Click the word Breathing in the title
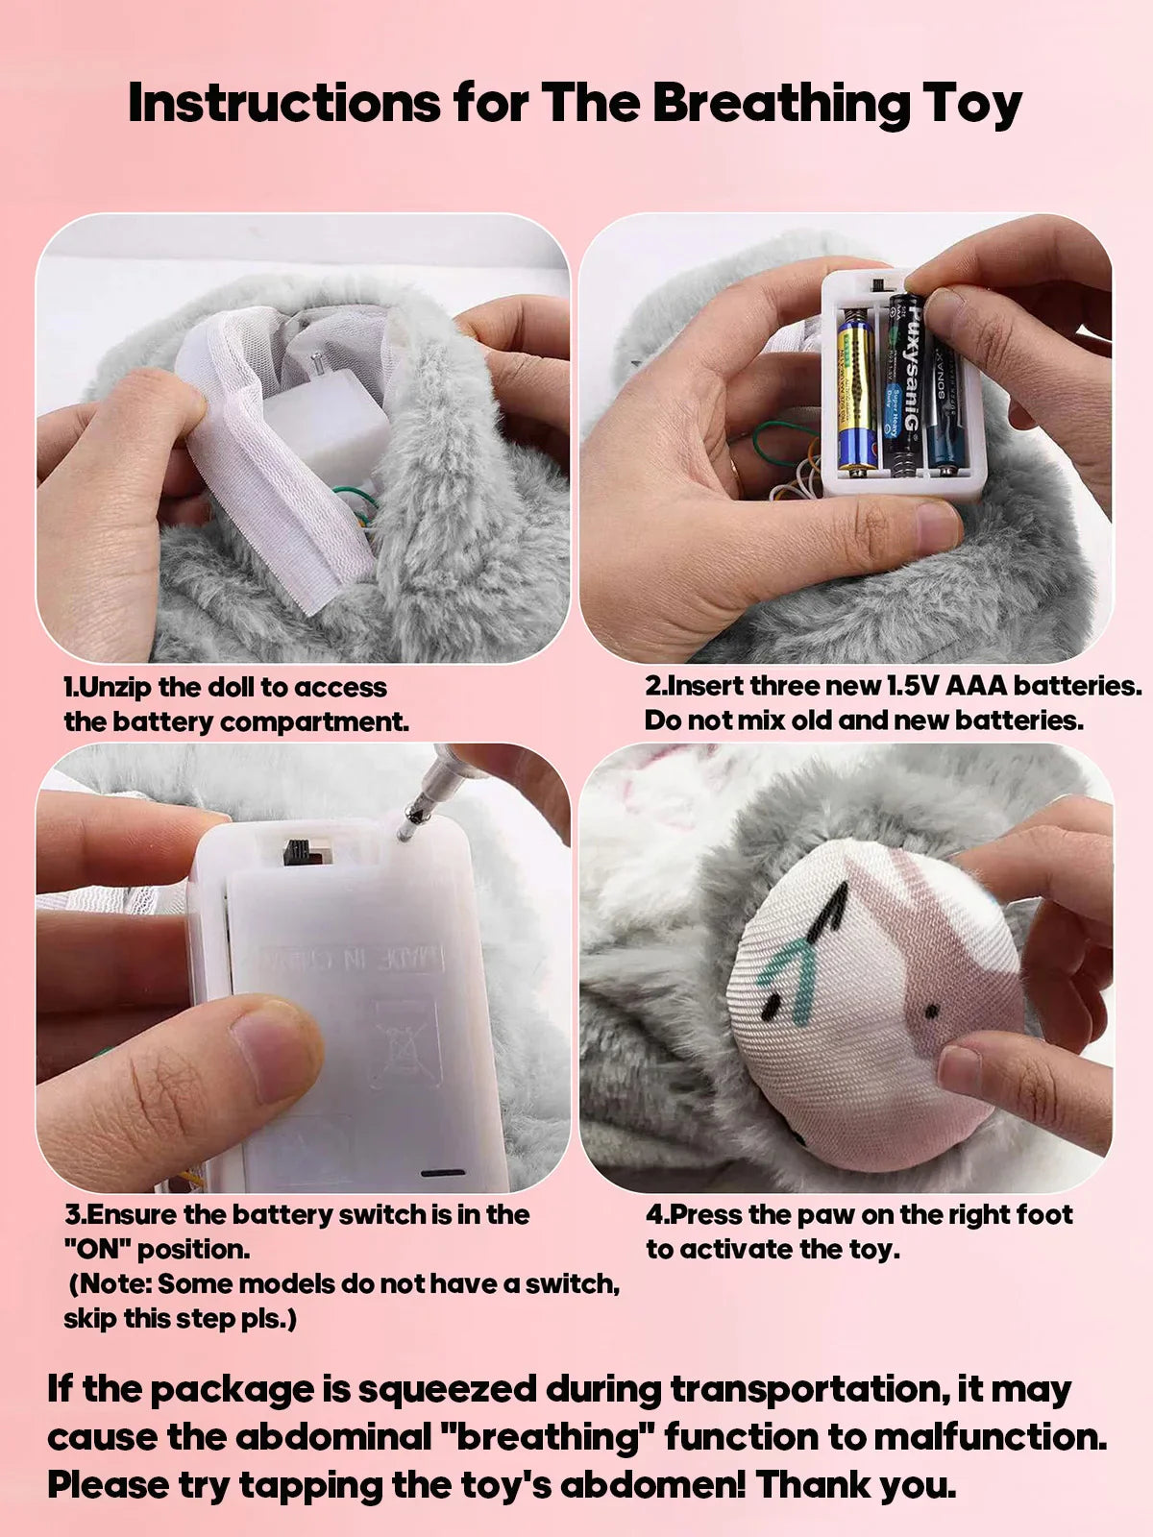(x=780, y=104)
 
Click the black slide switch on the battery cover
(x=298, y=850)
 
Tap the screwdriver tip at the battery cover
(x=407, y=828)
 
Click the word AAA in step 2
(x=976, y=686)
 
